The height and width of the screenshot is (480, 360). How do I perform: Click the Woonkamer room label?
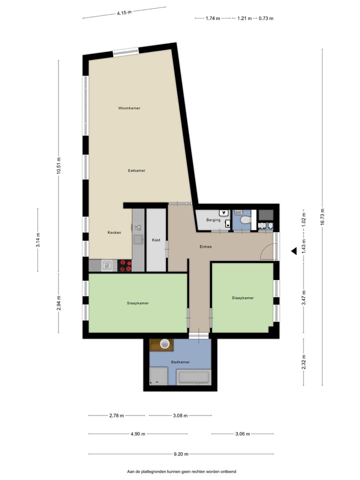tap(129, 108)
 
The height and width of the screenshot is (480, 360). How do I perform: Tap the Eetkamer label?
tap(136, 170)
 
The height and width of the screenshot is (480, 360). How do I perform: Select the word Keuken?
tap(114, 232)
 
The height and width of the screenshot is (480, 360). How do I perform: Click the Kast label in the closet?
tap(156, 240)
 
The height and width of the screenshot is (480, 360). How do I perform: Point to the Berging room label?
tap(213, 220)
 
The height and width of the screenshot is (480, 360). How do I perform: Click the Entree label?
tap(205, 246)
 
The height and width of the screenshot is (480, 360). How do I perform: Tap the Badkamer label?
tap(180, 362)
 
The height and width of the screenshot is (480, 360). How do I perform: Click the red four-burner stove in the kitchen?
tap(125, 265)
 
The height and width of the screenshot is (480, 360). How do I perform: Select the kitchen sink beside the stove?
tap(106, 266)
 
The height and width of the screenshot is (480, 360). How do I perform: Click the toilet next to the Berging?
tap(245, 219)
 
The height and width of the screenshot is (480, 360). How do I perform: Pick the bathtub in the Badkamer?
tap(194, 377)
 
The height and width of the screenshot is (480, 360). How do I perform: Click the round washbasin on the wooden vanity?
tap(164, 343)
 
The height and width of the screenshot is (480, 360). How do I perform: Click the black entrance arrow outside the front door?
tap(293, 251)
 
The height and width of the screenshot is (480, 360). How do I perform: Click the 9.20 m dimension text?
tap(181, 454)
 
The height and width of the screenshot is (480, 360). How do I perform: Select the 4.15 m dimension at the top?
tap(124, 13)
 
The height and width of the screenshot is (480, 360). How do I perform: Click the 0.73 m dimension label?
tap(266, 18)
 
